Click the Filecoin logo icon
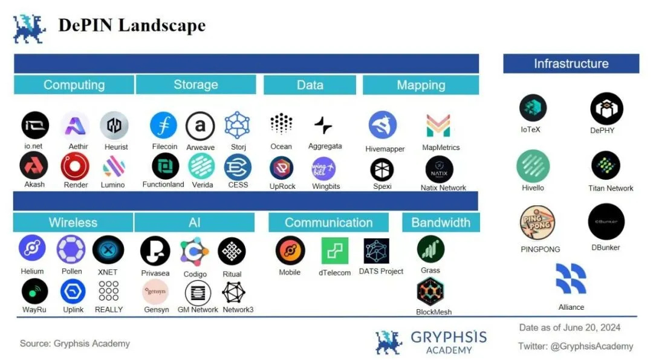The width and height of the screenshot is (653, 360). [163, 125]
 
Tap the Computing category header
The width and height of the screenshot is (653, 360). [74, 85]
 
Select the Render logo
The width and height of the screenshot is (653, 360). [75, 166]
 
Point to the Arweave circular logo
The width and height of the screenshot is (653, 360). [200, 126]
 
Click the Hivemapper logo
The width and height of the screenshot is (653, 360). [383, 125]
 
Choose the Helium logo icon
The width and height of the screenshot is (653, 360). [32, 249]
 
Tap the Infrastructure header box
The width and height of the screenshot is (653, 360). [571, 64]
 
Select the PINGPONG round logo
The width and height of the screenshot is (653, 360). [538, 223]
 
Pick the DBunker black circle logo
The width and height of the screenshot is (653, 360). [606, 221]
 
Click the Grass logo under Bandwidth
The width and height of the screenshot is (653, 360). [430, 249]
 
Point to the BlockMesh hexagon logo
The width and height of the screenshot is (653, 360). [430, 292]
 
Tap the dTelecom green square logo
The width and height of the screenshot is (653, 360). [334, 250]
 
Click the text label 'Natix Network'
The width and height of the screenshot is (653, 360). [443, 188]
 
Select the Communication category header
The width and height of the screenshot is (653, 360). [328, 223]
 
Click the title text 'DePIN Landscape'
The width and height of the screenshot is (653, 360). [132, 25]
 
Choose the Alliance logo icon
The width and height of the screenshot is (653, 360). [571, 279]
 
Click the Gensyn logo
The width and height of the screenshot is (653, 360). [155, 291]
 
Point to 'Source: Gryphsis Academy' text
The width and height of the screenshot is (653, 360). [75, 343]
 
